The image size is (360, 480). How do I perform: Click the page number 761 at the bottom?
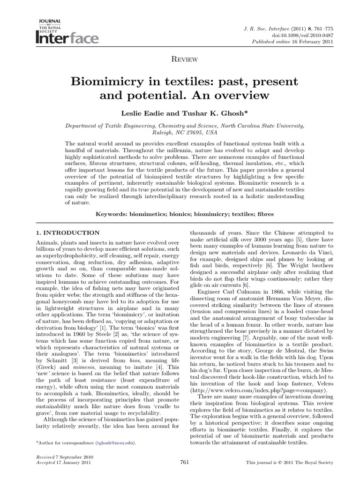click(x=184, y=462)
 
